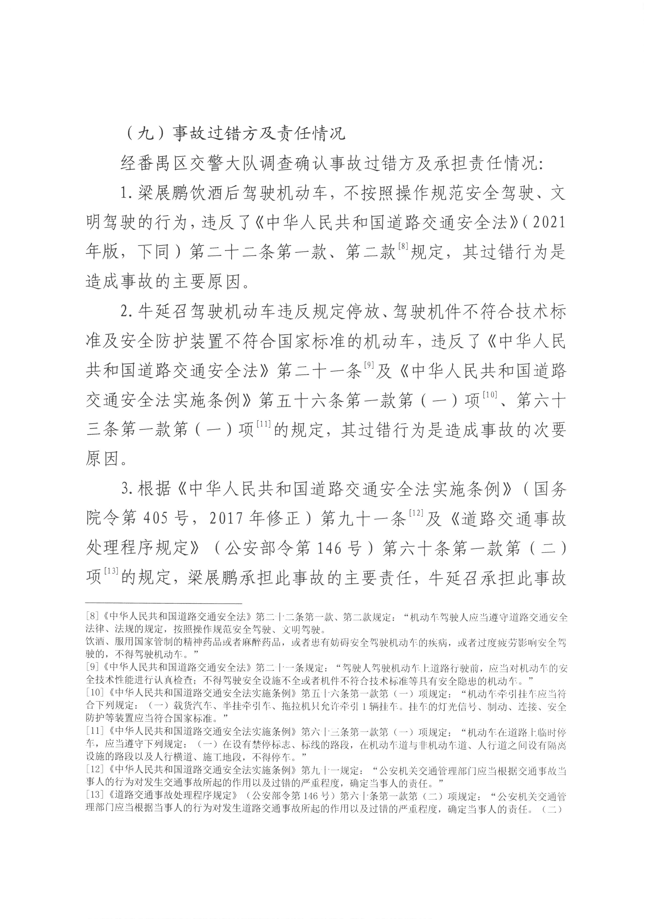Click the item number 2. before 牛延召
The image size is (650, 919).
click(x=128, y=312)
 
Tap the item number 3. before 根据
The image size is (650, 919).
click(x=128, y=489)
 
